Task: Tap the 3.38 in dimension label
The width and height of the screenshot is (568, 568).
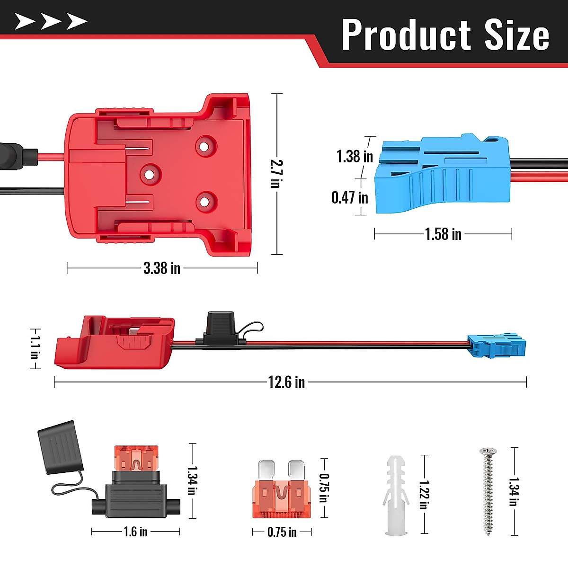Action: coord(162,268)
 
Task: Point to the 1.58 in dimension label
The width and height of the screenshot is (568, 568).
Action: coord(443,234)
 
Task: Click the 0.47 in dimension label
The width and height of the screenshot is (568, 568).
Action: coord(350,197)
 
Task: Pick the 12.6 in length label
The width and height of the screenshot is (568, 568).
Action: coord(286,382)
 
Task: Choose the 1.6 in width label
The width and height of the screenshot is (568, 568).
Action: coord(136,532)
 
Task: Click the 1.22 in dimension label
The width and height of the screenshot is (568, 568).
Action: coord(424,495)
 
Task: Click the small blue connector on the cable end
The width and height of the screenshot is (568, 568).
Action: coord(497,346)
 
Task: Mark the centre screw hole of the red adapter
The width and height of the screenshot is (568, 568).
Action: coord(150,174)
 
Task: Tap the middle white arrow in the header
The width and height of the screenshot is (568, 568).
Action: coord(51,21)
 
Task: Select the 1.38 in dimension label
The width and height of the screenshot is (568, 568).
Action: coord(355,156)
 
